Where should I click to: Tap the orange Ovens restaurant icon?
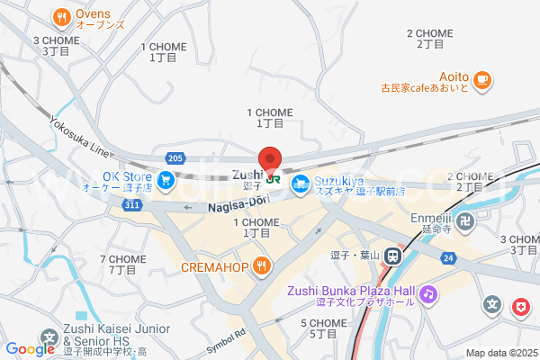[x=61, y=15]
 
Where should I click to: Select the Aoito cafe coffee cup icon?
[x=481, y=80]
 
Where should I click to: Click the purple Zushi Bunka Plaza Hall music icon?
[x=429, y=293]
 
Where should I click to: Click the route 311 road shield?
[x=132, y=206]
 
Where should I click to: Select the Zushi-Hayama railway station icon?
[x=393, y=255]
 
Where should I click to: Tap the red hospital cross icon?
[x=520, y=308]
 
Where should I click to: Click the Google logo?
[x=30, y=349]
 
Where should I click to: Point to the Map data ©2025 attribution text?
[x=499, y=353]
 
